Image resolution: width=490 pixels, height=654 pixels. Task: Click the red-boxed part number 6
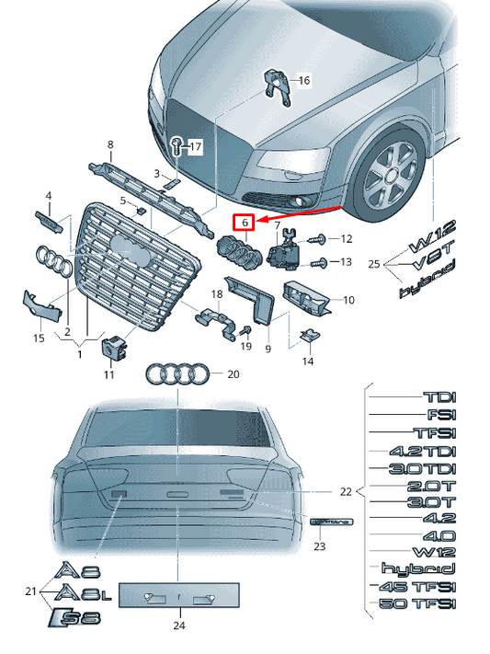tap(244, 222)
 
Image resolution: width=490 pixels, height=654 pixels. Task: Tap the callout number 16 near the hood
tap(304, 81)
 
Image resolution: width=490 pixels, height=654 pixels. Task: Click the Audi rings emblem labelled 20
tap(177, 374)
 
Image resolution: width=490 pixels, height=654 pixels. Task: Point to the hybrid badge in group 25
tap(427, 292)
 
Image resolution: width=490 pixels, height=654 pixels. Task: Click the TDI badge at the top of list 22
tap(439, 397)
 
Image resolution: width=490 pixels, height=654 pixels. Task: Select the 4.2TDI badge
tap(423, 452)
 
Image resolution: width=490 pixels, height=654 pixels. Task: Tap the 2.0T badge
tap(432, 486)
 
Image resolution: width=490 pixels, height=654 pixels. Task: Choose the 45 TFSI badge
tap(418, 586)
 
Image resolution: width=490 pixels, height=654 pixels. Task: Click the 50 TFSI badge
tap(418, 603)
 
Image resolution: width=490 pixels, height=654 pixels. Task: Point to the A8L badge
tap(84, 594)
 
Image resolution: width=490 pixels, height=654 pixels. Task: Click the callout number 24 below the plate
tap(179, 626)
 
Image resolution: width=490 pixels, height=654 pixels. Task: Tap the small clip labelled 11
tap(112, 349)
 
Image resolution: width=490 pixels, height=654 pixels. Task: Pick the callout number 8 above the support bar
tap(110, 145)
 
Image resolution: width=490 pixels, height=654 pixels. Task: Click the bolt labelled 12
tap(317, 239)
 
